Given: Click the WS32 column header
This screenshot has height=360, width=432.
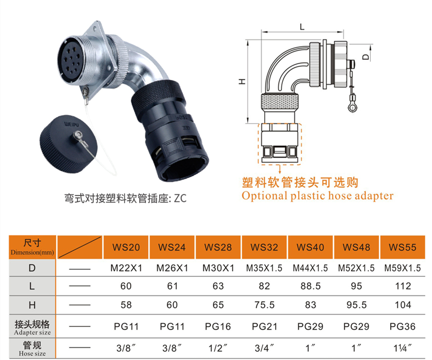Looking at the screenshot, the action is (264, 247).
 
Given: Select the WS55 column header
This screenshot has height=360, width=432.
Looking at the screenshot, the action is (403, 247).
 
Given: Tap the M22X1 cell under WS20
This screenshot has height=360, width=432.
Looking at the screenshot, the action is (126, 268).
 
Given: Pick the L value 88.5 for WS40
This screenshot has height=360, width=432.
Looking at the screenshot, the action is (310, 286).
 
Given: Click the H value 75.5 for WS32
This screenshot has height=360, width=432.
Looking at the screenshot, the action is (265, 305).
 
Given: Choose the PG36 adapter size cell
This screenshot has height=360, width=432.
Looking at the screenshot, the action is (403, 326).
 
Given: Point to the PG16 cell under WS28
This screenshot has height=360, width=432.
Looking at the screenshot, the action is (218, 326).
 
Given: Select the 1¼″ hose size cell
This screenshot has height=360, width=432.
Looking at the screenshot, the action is (403, 348).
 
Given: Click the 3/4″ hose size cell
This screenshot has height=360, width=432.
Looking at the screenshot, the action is (265, 348).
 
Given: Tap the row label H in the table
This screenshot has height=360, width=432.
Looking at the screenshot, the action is (32, 305).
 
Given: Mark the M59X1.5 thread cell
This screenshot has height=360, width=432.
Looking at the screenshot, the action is (403, 268).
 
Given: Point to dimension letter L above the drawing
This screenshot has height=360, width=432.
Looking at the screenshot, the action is (302, 27).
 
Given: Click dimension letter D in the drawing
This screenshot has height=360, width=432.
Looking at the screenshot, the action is (365, 57).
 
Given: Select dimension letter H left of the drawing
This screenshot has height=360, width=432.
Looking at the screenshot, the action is (242, 82).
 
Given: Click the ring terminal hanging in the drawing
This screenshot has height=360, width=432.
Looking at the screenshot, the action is (352, 107).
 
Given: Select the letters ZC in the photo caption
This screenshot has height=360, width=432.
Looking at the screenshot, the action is (180, 198).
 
